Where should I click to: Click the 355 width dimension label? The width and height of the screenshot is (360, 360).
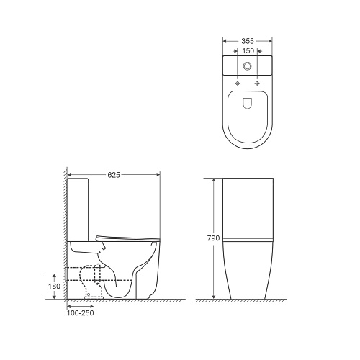[x=248, y=41]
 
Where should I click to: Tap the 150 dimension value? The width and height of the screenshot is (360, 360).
[x=248, y=51]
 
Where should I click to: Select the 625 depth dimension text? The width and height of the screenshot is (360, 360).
[x=114, y=175]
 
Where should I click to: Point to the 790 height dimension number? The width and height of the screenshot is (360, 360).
[x=213, y=238]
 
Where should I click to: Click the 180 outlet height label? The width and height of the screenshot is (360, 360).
[x=54, y=287]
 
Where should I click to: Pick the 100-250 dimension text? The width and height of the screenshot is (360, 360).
[x=80, y=313]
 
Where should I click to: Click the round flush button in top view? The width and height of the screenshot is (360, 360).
[x=248, y=66]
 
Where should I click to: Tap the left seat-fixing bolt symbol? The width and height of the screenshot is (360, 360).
[x=238, y=84]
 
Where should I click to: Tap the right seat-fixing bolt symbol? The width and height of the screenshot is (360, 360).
[x=257, y=84]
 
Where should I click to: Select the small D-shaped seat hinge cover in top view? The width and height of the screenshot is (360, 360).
[x=248, y=103]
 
